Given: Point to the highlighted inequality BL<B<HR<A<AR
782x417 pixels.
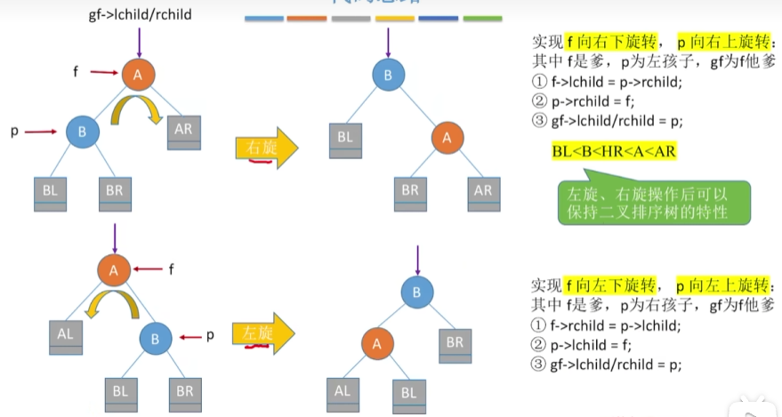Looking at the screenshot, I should click(614, 151).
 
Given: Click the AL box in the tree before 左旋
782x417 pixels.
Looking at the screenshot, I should click(67, 335).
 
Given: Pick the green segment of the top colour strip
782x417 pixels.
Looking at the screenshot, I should click(482, 18).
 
